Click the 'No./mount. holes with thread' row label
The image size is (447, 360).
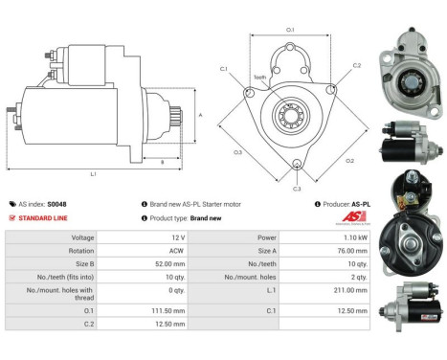pyautogui.click(x=59, y=290)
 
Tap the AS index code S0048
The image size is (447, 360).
pyautogui.click(x=57, y=204)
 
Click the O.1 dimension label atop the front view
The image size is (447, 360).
pyautogui.click(x=290, y=30)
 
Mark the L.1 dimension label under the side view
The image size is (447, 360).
pyautogui.click(x=92, y=174)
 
